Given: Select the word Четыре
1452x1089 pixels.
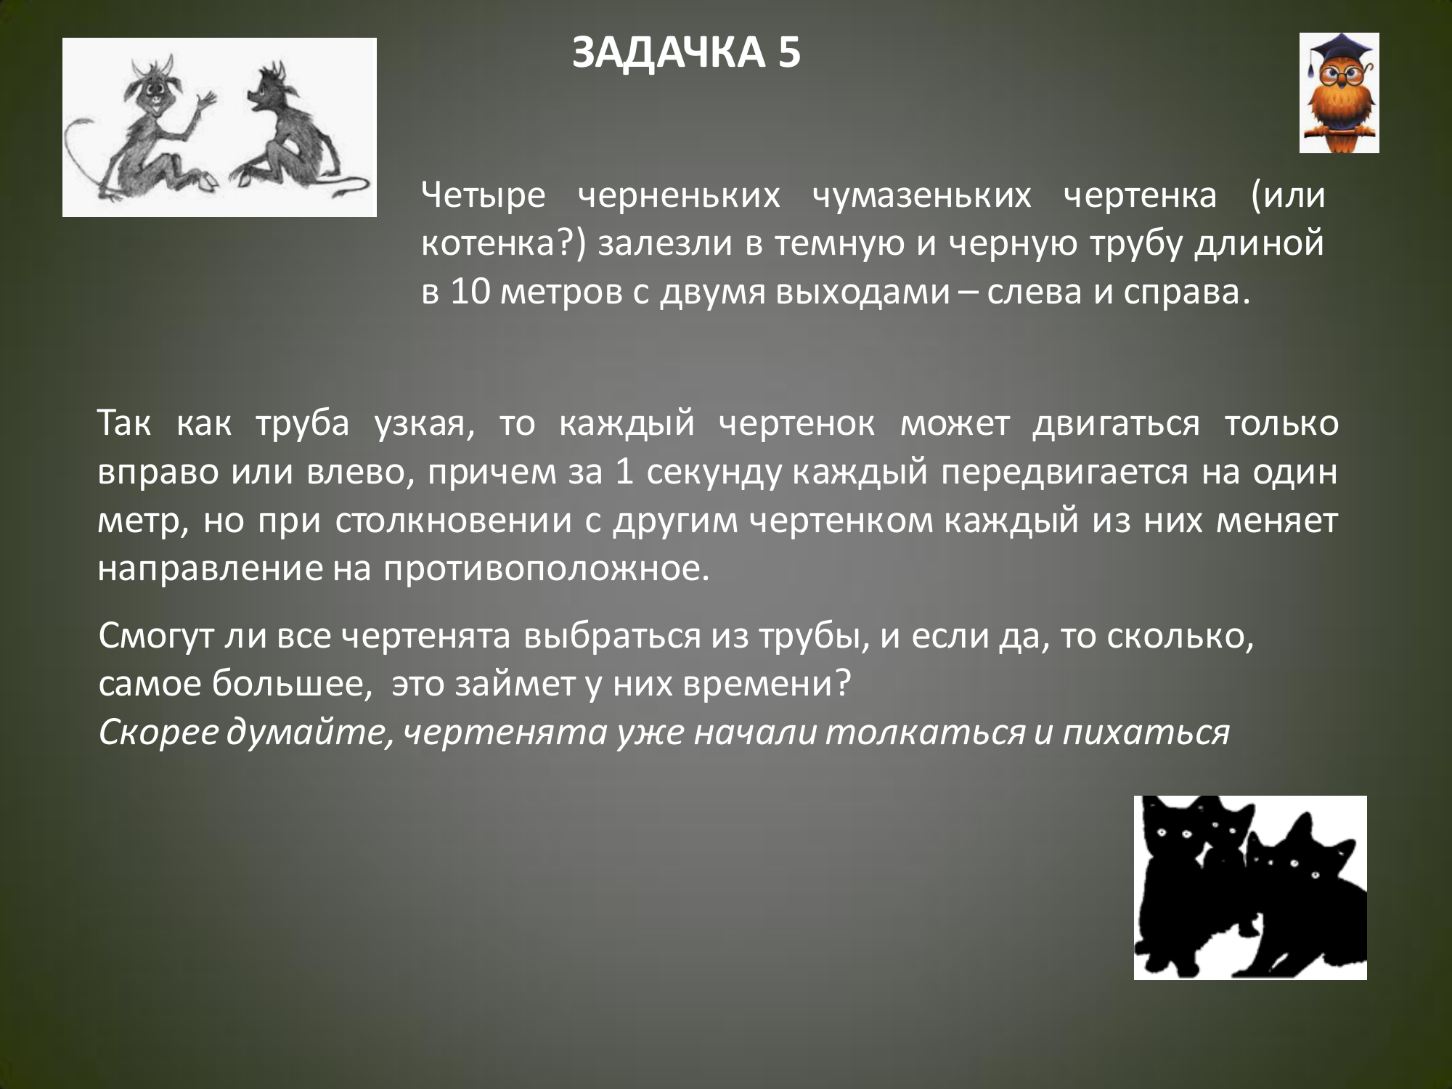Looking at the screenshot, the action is point(484,196).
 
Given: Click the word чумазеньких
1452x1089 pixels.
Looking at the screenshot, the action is point(921,196).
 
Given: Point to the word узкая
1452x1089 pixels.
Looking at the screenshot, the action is point(425,424).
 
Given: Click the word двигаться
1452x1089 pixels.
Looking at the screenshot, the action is point(1116,424).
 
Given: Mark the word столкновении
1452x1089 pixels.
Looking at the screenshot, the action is point(454,521).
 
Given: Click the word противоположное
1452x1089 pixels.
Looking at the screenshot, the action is point(547,569).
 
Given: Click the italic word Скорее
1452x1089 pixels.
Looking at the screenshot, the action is point(158,733).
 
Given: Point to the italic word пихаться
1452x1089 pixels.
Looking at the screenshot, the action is point(1146,732).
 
